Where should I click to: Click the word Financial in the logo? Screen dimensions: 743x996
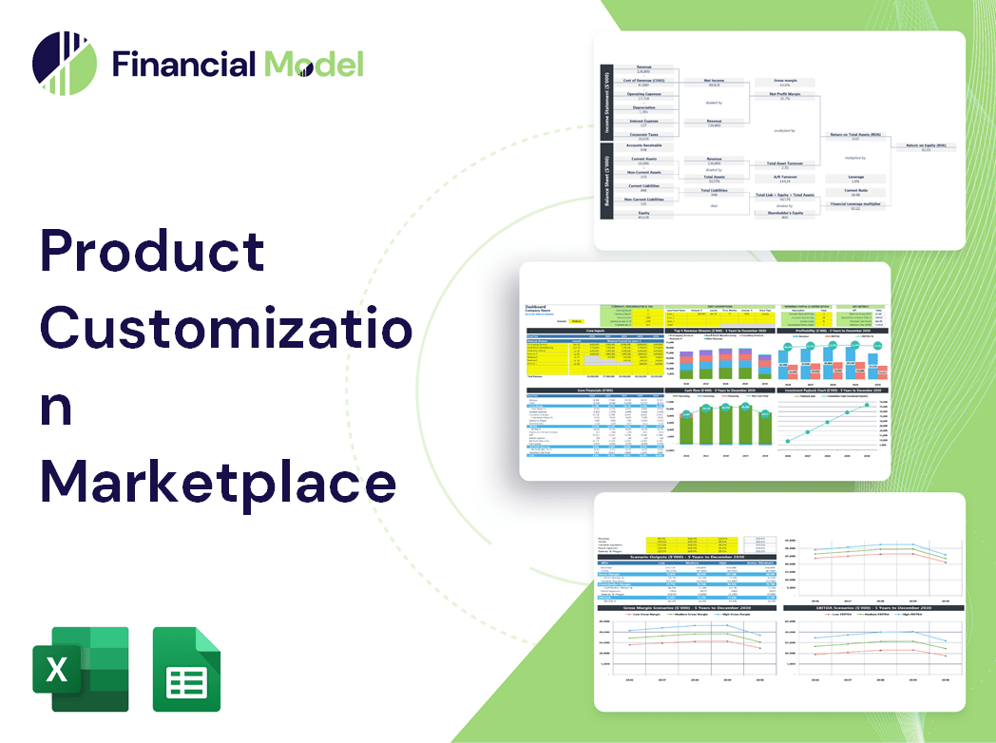(183, 64)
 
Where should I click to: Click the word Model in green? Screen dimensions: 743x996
(314, 64)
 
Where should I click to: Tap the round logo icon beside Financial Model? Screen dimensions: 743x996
(65, 64)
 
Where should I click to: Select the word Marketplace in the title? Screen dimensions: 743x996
(218, 482)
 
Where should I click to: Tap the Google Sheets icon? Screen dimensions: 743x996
(186, 669)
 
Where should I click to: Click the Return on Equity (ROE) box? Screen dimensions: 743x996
(925, 147)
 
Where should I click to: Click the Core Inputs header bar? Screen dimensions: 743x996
(595, 331)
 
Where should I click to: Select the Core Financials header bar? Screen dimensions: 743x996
(595, 390)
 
